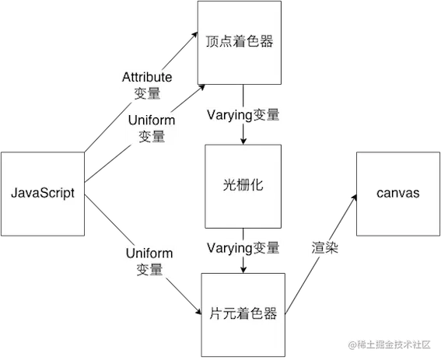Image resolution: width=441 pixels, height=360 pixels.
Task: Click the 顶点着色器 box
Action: point(239,42)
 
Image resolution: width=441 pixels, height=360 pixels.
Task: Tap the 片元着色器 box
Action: point(243,314)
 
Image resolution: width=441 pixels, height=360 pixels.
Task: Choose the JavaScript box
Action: point(42,193)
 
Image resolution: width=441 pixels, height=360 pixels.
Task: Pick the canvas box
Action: point(397,193)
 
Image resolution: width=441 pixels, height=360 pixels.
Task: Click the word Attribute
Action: point(147,78)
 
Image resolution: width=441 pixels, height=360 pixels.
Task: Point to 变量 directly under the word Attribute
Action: point(147,93)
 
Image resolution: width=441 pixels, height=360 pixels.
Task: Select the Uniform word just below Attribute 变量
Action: point(151,121)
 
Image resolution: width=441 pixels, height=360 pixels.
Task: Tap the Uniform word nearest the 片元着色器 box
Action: point(149,253)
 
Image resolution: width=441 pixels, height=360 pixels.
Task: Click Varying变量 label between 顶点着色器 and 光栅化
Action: point(243,115)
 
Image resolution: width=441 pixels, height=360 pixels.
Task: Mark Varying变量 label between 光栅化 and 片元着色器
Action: point(243,248)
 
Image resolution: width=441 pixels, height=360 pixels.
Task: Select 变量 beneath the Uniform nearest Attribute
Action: point(151,136)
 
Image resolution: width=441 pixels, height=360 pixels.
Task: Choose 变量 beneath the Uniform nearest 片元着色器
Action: point(149,270)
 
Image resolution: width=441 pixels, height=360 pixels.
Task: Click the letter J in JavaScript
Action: point(13,193)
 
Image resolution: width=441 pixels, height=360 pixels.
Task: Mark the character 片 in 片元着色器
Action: point(217,314)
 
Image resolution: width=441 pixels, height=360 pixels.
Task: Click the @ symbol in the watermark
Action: point(352,344)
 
